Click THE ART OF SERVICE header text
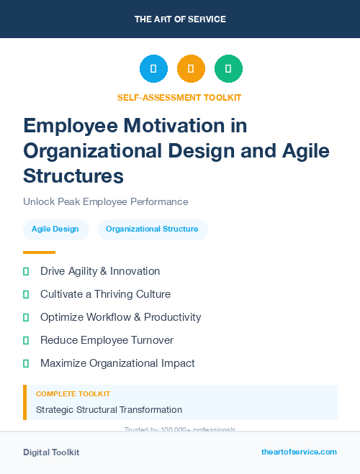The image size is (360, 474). point(180,19)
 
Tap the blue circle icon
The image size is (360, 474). point(153,69)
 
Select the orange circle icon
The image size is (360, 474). point(191,69)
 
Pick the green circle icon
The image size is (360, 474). point(228,69)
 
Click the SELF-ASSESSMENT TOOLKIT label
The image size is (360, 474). point(179,97)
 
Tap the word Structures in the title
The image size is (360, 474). point(73,176)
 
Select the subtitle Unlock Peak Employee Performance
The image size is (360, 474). point(105,202)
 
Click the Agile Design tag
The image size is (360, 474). point(56,229)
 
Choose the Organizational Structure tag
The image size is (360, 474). point(152,229)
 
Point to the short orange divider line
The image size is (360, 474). point(39,252)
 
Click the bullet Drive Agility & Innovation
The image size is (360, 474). point(100,271)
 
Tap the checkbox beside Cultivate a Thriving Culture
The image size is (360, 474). point(26,294)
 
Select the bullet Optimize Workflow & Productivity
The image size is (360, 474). point(120,317)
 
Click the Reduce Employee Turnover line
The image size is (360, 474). point(107,340)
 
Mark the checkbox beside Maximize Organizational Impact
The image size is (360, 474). point(26,363)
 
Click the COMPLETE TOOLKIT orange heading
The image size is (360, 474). point(73,394)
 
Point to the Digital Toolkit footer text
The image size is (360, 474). point(51,452)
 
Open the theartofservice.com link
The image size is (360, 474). point(299,452)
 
